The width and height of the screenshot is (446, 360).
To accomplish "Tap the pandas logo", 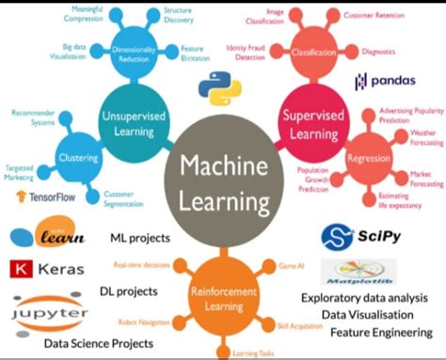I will coord(386,82).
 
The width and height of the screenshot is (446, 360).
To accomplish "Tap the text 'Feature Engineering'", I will coord(381,332).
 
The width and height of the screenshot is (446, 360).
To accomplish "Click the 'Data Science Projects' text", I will coord(98,343).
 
